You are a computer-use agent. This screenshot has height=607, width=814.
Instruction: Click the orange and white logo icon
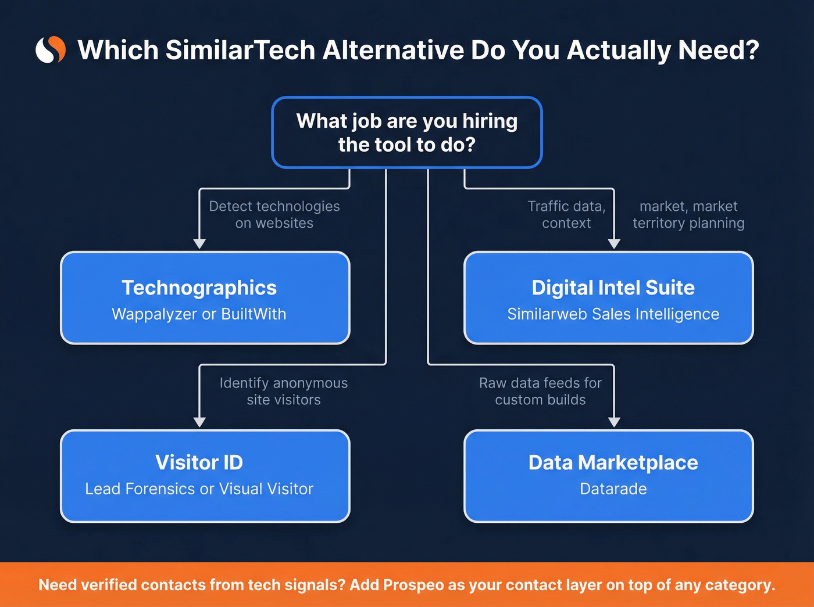[x=51, y=50]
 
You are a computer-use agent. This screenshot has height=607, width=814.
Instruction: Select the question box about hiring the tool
[x=407, y=132]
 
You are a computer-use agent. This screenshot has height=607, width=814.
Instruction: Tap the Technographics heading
[x=199, y=288]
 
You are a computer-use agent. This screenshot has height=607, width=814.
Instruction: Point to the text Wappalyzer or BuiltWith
[x=199, y=314]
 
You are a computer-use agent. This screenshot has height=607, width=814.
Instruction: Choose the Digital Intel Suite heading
[x=613, y=288]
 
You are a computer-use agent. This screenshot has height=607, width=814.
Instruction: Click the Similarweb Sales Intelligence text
[x=613, y=314]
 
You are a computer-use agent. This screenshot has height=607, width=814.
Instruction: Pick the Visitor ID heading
[x=199, y=462]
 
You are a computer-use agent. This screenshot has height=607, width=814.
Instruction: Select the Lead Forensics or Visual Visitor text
[x=199, y=489]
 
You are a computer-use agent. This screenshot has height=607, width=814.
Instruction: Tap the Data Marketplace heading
[x=613, y=462]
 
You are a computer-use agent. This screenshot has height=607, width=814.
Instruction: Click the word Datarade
[x=613, y=489]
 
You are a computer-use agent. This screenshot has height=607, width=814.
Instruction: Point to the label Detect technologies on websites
[x=274, y=214]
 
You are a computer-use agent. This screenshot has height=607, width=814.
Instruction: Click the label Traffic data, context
[x=566, y=214]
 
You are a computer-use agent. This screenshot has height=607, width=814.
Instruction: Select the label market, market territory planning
[x=688, y=214]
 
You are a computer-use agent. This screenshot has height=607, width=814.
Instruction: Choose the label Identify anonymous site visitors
[x=283, y=391]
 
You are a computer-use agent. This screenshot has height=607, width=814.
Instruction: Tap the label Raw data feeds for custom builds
[x=540, y=391]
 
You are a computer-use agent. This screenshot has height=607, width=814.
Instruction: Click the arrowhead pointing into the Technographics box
[x=199, y=243]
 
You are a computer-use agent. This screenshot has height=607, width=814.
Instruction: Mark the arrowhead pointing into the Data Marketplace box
[x=614, y=422]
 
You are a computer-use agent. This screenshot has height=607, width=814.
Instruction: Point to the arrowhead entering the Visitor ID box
[x=199, y=422]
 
